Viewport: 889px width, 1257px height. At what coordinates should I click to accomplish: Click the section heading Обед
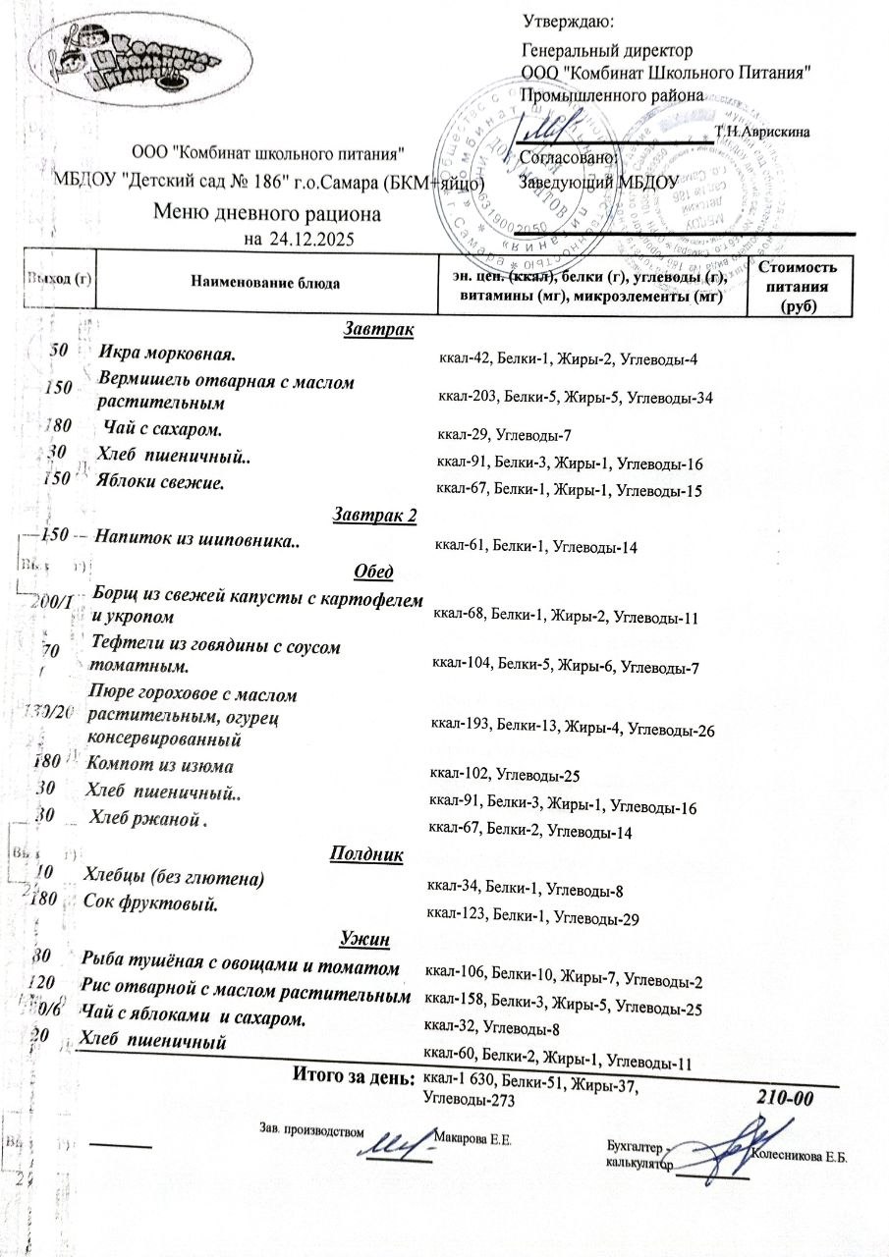click(x=372, y=573)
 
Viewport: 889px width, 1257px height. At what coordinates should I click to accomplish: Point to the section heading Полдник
click(x=366, y=854)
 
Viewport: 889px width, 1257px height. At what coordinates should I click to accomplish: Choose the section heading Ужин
click(x=365, y=941)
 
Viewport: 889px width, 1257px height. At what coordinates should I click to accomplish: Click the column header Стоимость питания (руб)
click(x=797, y=286)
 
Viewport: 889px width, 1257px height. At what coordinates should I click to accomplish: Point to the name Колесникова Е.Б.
click(x=799, y=1157)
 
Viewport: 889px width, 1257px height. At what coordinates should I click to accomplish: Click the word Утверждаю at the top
click(x=569, y=21)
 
